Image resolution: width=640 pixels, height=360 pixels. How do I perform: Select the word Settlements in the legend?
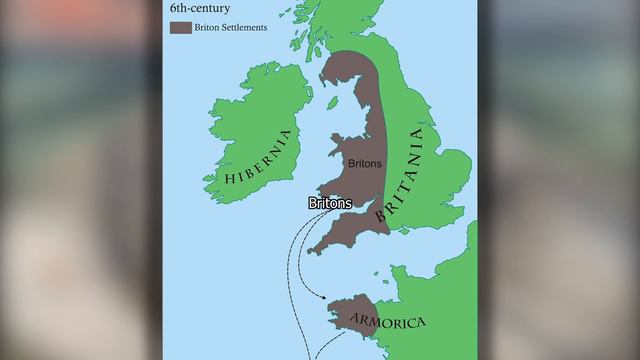[242, 28]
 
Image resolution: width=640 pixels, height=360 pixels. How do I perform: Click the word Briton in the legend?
[208, 28]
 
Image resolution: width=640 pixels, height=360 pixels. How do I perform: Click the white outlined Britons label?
[330, 203]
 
